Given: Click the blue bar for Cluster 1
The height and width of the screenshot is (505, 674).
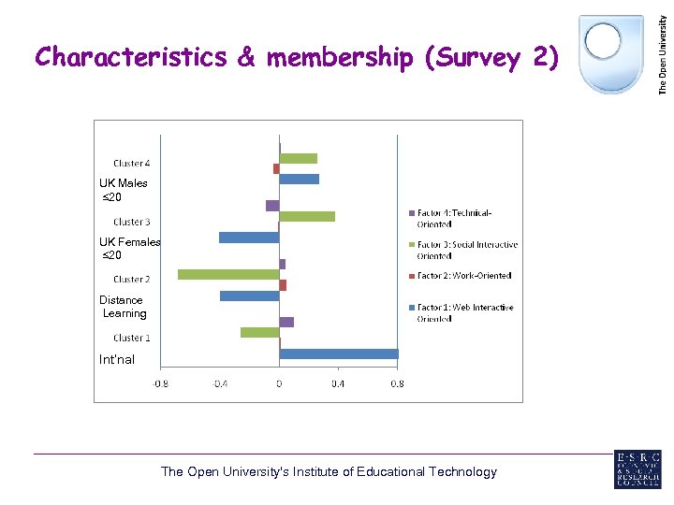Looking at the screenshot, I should tap(338, 354).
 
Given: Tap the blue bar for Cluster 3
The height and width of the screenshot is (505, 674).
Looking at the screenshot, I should tap(249, 238).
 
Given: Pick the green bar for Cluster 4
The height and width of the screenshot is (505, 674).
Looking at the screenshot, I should tap(298, 158).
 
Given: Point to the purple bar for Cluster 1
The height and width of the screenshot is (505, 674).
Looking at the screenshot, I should tap(286, 322).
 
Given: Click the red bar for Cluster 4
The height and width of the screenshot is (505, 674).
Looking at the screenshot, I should tap(276, 168).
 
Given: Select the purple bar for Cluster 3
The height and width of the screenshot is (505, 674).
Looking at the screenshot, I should tap(272, 205).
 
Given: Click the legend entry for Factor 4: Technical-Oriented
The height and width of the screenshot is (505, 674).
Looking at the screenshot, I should tap(460, 218).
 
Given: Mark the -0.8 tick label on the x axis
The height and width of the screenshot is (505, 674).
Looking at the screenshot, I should tap(161, 382).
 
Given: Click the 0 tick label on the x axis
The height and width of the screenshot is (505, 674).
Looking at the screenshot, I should tap(279, 382).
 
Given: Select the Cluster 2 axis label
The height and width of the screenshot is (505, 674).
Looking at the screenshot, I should tap(132, 280).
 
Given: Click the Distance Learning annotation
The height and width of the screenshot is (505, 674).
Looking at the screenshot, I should tap(123, 307).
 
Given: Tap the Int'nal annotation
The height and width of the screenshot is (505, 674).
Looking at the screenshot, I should tap(117, 359).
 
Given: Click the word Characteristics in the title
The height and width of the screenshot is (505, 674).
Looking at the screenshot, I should tap(131, 58).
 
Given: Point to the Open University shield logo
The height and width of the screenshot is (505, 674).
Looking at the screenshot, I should tap(611, 53).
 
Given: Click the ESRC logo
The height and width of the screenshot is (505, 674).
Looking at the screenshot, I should tap(637, 469).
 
